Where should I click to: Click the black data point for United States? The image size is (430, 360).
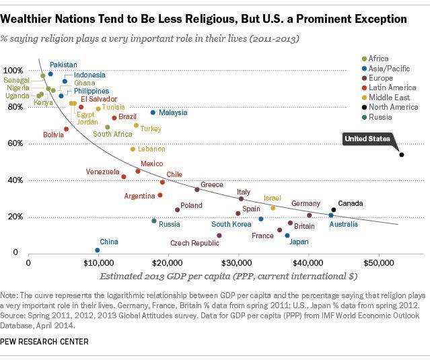pos(402,155)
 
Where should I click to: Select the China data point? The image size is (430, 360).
pos(98,250)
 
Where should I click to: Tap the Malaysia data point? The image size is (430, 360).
pos(153,112)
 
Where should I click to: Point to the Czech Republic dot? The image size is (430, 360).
pos(219,236)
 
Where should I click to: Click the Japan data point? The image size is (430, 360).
pos(287,236)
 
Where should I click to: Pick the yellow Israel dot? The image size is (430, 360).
pos(273,208)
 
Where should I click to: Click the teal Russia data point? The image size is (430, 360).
pos(153,221)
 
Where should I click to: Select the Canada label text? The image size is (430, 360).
pos(350,203)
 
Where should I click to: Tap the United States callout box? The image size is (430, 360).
pos(367,139)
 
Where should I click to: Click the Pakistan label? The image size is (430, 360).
pos(63,65)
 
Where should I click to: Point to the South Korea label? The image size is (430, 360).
pos(231,224)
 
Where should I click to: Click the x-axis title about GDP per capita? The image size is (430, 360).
pos(228,276)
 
